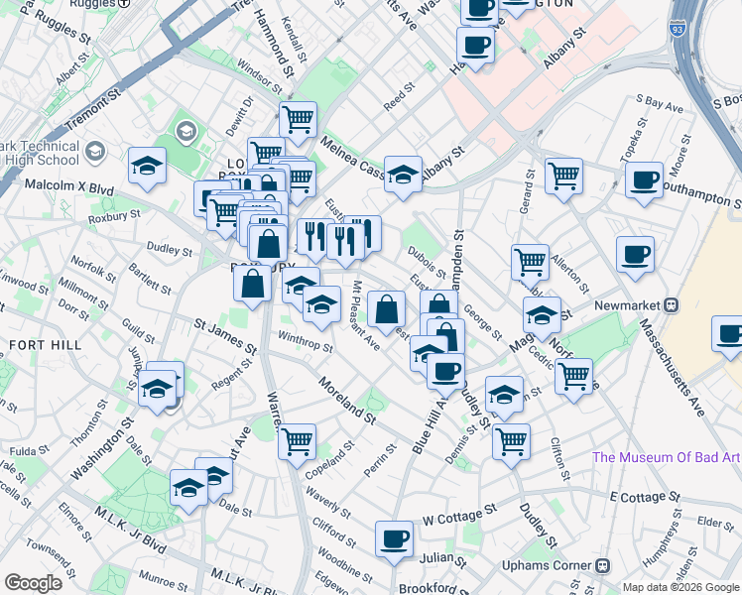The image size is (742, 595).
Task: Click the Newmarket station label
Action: [x=634, y=305]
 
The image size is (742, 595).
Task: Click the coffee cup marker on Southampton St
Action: [x=644, y=179]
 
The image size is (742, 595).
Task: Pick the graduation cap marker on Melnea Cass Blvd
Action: [x=403, y=174]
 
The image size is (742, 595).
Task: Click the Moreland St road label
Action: [x=347, y=399]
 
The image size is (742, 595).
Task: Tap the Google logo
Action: [x=34, y=583]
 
